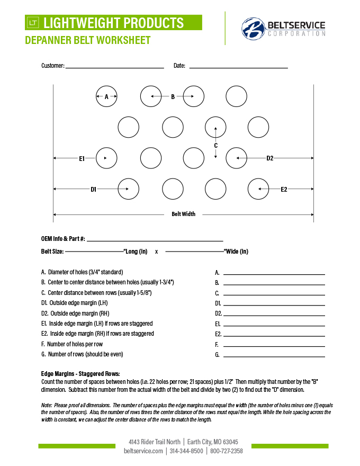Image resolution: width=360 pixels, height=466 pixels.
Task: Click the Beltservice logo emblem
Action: pyautogui.click(x=253, y=29)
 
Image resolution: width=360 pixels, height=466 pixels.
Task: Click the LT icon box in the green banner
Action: pyautogui.click(x=33, y=23)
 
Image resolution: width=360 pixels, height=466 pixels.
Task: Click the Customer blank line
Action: pyautogui.click(x=114, y=67)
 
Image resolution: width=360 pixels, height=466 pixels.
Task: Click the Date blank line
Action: pyautogui.click(x=238, y=67)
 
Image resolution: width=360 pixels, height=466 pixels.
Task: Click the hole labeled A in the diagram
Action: pyautogui.click(x=106, y=96)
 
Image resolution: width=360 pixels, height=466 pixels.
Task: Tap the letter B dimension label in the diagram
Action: pyautogui.click(x=173, y=96)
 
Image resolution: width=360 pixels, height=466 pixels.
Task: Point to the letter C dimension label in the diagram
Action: pyautogui.click(x=215, y=145)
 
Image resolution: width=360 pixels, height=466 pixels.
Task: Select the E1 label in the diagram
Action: pyautogui.click(x=82, y=158)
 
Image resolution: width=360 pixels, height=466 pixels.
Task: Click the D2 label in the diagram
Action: pyautogui.click(x=270, y=158)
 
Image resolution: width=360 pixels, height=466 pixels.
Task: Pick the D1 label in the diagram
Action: pyautogui.click(x=93, y=189)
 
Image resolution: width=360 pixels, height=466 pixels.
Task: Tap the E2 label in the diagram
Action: pyautogui.click(x=284, y=189)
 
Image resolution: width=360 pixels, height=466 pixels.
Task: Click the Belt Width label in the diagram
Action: pyautogui.click(x=183, y=214)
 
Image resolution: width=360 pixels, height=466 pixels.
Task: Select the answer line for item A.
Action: pyautogui.click(x=274, y=274)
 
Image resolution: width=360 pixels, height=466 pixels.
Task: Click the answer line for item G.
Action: pyautogui.click(x=274, y=356)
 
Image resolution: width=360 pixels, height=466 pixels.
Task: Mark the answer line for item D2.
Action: pyautogui.click(x=274, y=315)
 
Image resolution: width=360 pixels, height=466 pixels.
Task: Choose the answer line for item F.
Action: pyautogui.click(x=274, y=346)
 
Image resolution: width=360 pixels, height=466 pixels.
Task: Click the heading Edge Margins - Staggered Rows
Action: pyautogui.click(x=80, y=373)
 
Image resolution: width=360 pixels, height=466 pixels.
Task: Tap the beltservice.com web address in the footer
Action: pyautogui.click(x=143, y=451)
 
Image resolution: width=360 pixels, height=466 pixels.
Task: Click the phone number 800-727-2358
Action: pyautogui.click(x=226, y=451)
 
